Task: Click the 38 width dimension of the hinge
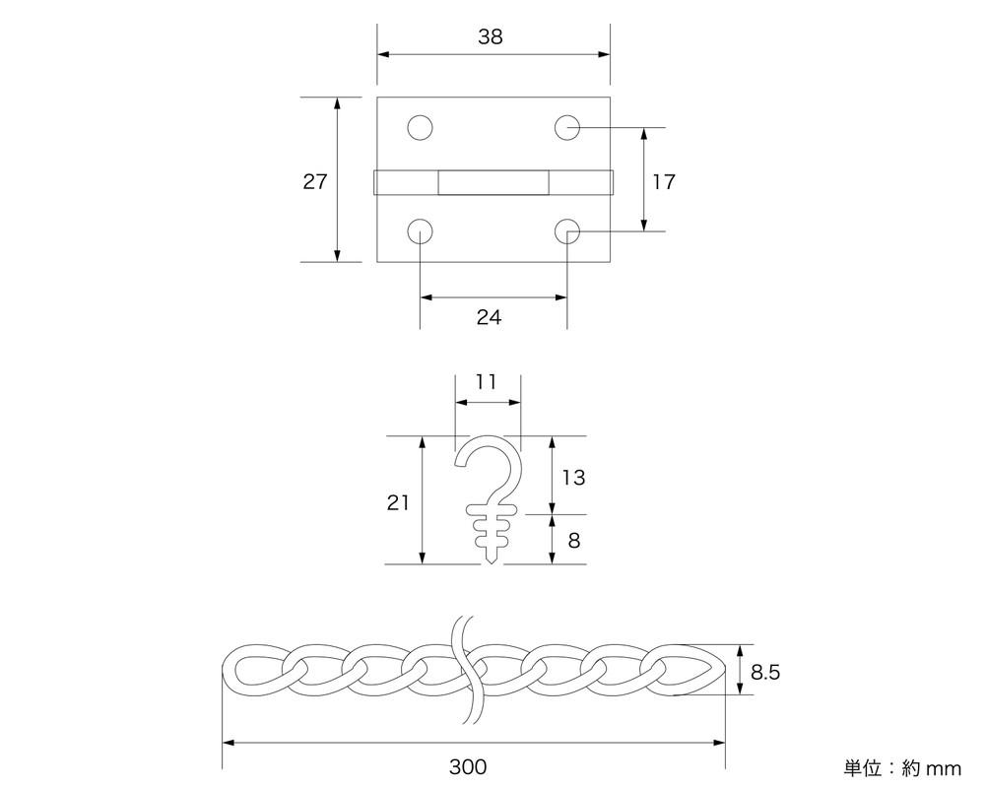(490, 37)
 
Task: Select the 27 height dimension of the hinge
(315, 181)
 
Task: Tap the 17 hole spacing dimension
(664, 181)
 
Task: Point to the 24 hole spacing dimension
(489, 317)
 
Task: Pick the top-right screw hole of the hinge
(566, 127)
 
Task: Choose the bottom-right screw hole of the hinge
(566, 231)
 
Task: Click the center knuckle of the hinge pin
(493, 183)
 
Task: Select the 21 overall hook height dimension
(398, 502)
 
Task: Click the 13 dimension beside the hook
(573, 477)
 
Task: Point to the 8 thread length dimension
(573, 540)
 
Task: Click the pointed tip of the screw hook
(492, 561)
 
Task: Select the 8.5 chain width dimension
(766, 673)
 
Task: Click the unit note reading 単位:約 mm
(901, 767)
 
